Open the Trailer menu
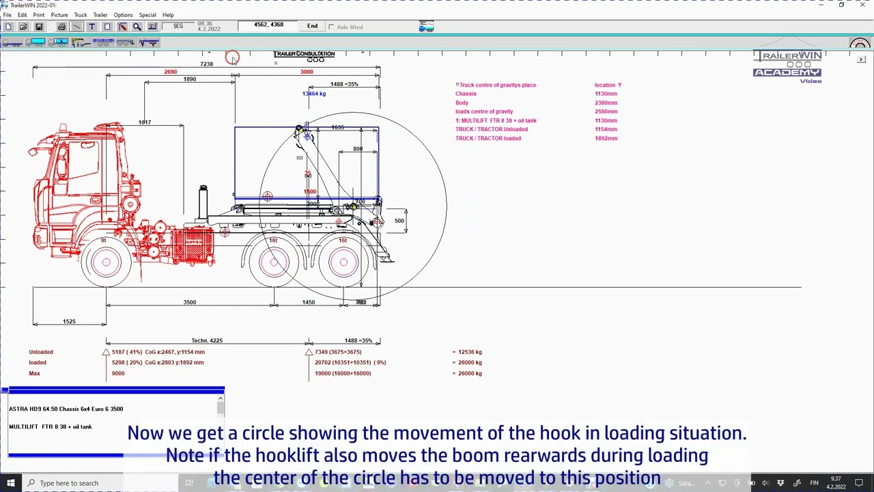click(x=100, y=15)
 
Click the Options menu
click(x=123, y=15)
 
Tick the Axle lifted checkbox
click(x=331, y=27)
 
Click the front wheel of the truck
click(x=106, y=262)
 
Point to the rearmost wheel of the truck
click(x=343, y=262)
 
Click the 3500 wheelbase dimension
click(x=189, y=302)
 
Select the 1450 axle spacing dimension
click(x=309, y=302)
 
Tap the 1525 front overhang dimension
click(x=69, y=321)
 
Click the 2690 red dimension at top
click(x=170, y=72)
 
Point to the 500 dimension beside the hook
click(x=399, y=221)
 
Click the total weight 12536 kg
click(x=469, y=352)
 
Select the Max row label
click(x=34, y=373)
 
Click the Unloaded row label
click(x=40, y=352)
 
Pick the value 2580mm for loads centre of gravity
click(x=606, y=111)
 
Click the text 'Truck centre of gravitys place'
click(x=497, y=85)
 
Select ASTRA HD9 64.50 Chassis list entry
click(x=66, y=409)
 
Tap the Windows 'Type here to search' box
click(x=68, y=483)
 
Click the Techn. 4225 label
click(x=206, y=340)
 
